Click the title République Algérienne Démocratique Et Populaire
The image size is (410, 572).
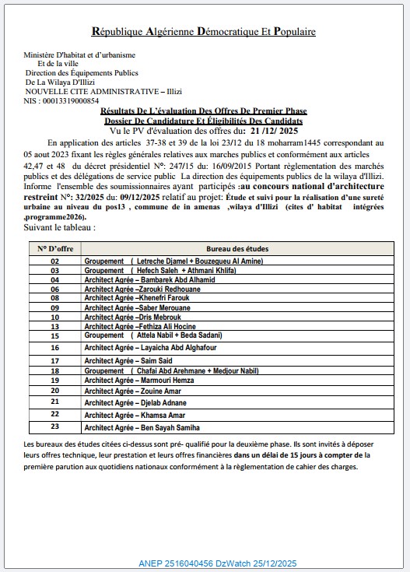point(204,32)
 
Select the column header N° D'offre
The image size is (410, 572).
point(54,247)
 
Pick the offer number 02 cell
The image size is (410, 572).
point(54,261)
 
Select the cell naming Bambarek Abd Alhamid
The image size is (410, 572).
point(138,279)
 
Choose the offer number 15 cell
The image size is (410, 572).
point(54,335)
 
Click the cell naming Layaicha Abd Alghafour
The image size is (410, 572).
point(142,347)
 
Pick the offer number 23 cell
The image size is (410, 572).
point(54,426)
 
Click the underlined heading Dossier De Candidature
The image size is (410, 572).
point(204,121)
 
